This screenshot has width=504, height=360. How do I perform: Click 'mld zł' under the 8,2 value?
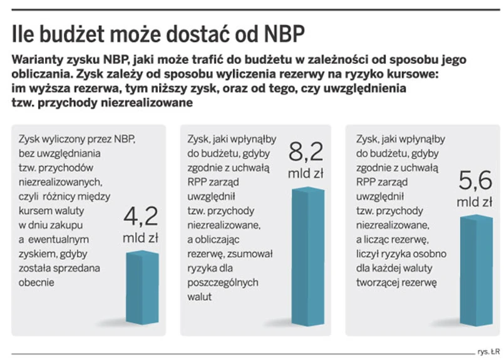tap(306, 173)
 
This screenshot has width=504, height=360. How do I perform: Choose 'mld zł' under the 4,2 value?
tap(141, 238)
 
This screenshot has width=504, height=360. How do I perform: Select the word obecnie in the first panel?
tap(37, 282)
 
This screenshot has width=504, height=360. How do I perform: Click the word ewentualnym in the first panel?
tap(62, 239)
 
